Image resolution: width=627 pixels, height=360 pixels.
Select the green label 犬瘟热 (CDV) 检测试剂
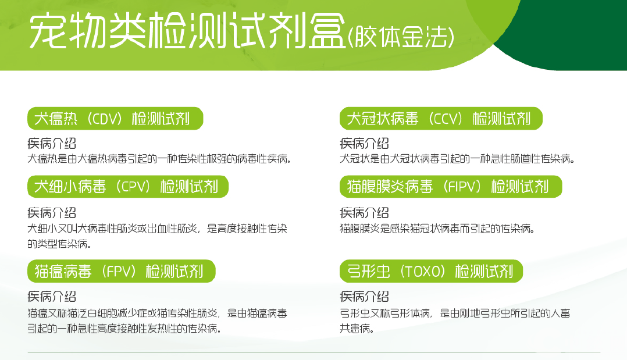(x=115, y=119)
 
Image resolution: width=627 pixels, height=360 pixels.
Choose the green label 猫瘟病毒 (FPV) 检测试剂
(x=122, y=272)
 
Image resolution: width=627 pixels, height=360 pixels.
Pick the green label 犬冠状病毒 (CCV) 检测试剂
(x=441, y=119)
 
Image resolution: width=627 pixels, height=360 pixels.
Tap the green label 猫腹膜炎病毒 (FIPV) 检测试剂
(x=451, y=187)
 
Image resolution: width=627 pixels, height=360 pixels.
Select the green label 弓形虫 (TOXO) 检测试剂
(x=431, y=272)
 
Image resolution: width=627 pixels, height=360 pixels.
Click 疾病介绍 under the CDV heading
(x=52, y=144)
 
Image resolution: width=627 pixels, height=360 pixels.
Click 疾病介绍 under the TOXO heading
(x=364, y=297)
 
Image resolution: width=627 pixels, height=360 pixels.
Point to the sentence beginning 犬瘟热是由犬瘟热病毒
(x=159, y=159)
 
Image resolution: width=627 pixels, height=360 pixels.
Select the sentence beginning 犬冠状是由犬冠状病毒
(x=457, y=159)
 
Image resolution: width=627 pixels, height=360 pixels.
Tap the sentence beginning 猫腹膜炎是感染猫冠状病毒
(x=437, y=229)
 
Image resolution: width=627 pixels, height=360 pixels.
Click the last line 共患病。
(x=356, y=329)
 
